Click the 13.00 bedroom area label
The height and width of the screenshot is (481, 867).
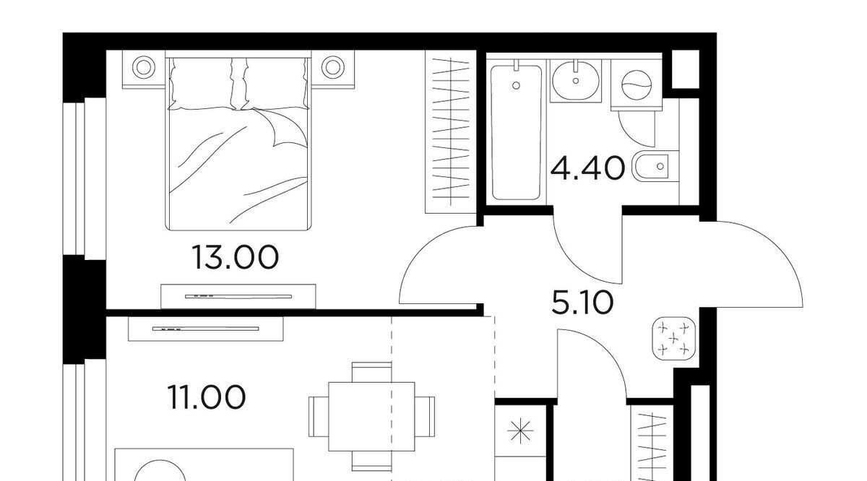(x=236, y=257)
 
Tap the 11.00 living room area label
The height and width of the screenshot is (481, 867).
(x=207, y=397)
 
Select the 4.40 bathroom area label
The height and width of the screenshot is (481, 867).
(x=588, y=169)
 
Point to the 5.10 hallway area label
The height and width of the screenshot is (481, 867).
(x=582, y=303)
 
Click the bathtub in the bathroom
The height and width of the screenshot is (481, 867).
(x=516, y=133)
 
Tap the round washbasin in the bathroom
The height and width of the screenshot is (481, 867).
(x=576, y=81)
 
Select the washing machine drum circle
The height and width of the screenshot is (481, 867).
(x=637, y=85)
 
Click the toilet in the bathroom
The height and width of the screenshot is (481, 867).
(x=655, y=166)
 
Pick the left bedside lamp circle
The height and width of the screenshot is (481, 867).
(x=144, y=67)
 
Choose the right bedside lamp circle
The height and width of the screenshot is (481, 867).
(x=333, y=67)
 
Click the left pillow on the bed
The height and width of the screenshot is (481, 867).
(x=202, y=83)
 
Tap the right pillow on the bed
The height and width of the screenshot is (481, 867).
(x=275, y=83)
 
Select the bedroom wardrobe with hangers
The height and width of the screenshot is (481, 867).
(x=451, y=131)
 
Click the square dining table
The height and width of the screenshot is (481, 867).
(x=371, y=417)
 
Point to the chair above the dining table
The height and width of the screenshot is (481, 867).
(x=371, y=372)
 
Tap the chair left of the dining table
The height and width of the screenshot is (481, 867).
(x=319, y=417)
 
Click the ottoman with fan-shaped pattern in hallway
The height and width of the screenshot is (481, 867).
(x=674, y=339)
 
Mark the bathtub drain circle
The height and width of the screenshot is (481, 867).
(x=516, y=85)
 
